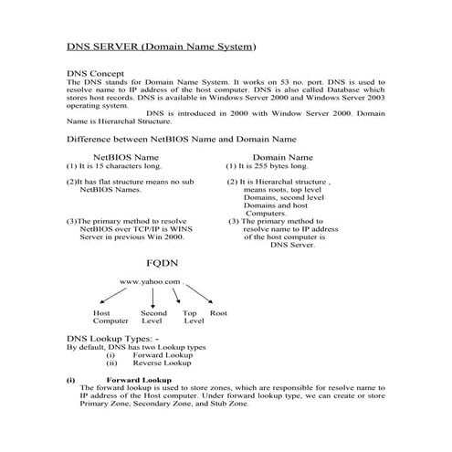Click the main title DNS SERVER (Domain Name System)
(161, 46)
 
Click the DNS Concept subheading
(96, 72)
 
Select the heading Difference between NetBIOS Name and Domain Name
(182, 139)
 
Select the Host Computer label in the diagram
(110, 317)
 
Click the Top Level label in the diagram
(193, 317)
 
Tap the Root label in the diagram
(218, 313)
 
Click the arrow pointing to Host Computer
(117, 296)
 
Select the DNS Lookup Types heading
(113, 338)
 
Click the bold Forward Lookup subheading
(138, 379)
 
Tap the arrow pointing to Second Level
(152, 297)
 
